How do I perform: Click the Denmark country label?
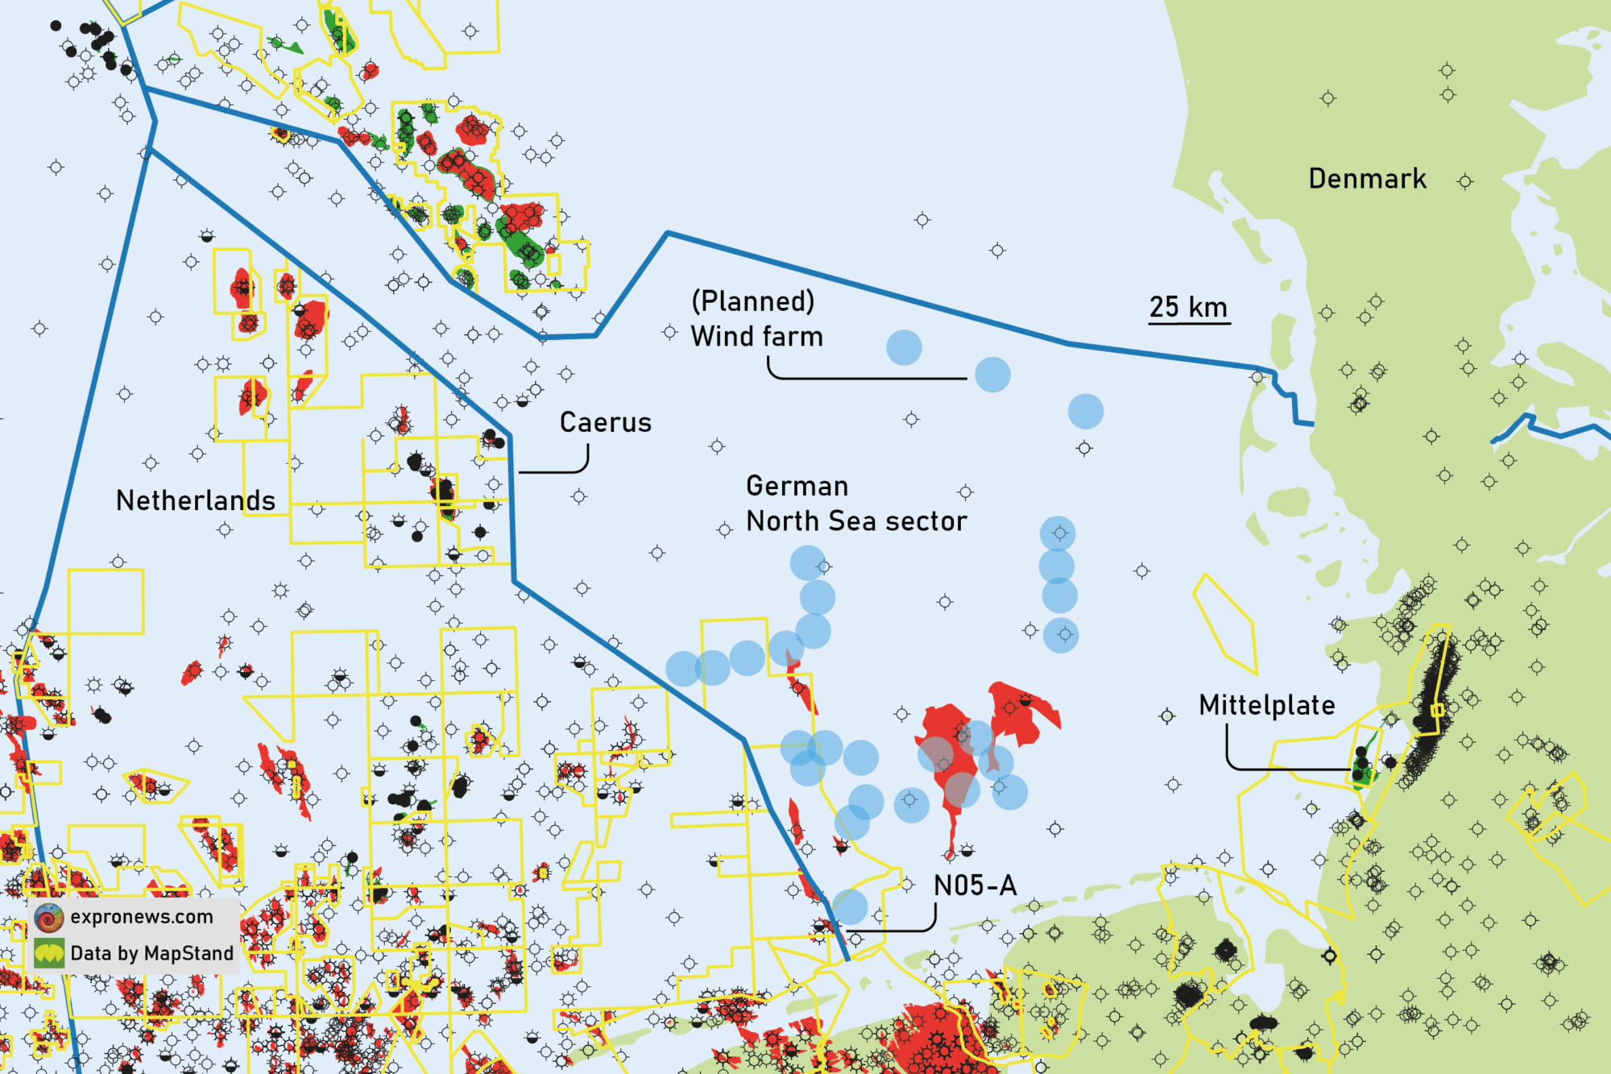pos(1367,178)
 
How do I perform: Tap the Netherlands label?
pos(196,500)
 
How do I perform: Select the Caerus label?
pos(606,422)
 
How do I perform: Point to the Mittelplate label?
pos(1266,705)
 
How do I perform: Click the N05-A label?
pos(975,885)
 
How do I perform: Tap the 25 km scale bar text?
pos(1188,307)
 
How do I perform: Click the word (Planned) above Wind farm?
pos(753,301)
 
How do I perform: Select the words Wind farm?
pos(757,337)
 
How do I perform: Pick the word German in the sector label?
pos(797,486)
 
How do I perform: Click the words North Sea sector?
pos(856,521)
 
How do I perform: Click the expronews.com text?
pos(142,917)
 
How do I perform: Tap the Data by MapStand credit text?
pos(151,953)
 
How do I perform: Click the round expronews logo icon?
pos(49,918)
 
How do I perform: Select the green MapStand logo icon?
pos(49,953)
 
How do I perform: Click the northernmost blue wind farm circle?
pos(904,347)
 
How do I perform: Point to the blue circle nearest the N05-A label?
pos(849,907)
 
